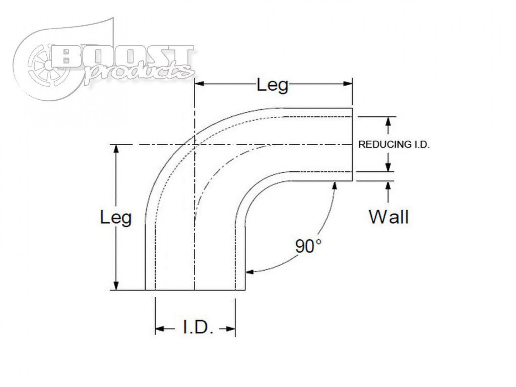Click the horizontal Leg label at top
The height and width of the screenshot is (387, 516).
[272, 86]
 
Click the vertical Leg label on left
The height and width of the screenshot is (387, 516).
[116, 217]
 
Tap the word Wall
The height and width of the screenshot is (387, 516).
[389, 216]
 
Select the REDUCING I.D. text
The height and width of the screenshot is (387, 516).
[394, 145]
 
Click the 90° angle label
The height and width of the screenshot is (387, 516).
[309, 246]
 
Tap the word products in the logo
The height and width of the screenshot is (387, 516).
[139, 71]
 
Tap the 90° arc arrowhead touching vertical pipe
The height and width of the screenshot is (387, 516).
[250, 272]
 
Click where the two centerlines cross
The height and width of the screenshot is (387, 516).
[194, 145]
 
